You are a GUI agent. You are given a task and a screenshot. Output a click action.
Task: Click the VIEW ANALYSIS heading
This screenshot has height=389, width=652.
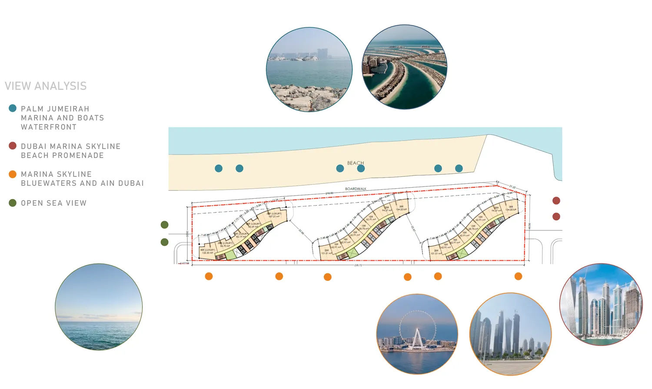(x=46, y=86)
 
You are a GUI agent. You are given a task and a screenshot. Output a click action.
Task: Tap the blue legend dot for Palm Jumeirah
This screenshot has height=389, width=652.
(x=13, y=108)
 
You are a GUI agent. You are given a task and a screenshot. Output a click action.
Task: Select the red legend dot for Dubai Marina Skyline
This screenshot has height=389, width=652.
(x=13, y=146)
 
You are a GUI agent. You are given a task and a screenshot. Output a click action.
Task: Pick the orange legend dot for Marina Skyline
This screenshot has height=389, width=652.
(x=13, y=174)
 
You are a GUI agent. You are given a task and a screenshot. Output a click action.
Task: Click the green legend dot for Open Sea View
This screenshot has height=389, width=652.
(x=13, y=203)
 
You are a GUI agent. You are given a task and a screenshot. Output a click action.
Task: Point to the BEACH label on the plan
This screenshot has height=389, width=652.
(x=355, y=163)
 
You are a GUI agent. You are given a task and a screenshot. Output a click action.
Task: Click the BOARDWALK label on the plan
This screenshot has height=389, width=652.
(x=356, y=189)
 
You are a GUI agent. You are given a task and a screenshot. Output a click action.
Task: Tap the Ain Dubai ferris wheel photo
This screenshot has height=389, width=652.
(x=417, y=334)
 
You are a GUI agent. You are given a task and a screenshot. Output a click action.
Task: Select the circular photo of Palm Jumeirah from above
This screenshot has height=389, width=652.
(x=404, y=66)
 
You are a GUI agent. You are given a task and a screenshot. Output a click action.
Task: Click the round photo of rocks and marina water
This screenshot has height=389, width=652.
(x=309, y=70)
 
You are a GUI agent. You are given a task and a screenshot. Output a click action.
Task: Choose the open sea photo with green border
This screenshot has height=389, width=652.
(x=99, y=307)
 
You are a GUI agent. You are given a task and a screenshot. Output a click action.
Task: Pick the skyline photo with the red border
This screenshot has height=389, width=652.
(x=601, y=304)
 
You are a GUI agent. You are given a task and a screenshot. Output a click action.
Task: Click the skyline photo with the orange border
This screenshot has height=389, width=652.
(x=510, y=334)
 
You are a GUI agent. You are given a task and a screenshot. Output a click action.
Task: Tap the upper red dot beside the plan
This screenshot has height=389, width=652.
(x=556, y=200)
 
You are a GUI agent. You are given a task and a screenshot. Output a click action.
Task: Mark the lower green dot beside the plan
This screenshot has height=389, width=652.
(x=164, y=242)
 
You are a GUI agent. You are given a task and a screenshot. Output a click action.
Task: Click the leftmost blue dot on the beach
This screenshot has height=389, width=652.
(x=219, y=168)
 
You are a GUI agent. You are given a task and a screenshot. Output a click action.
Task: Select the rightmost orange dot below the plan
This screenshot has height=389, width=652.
(x=518, y=276)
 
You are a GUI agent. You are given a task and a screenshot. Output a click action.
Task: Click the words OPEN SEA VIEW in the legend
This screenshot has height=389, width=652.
(x=53, y=203)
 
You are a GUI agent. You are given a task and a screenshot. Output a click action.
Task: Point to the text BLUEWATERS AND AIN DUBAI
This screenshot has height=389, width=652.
(x=82, y=183)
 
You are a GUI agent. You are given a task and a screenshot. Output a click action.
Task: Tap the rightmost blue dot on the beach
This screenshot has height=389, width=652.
(x=459, y=168)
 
